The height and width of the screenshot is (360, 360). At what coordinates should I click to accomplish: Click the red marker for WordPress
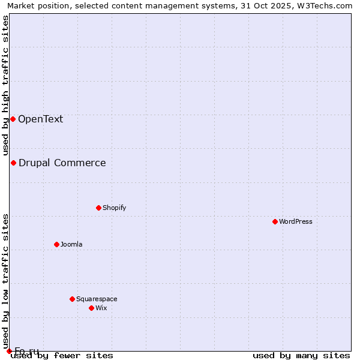[275, 221]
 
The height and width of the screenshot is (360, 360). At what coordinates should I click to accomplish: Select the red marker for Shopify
[98, 208]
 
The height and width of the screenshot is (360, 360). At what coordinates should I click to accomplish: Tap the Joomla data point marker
[56, 244]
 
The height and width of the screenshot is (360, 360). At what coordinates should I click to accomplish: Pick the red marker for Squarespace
[72, 299]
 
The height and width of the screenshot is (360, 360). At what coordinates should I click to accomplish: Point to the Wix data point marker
[91, 308]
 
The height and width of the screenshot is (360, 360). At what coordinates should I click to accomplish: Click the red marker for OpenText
[13, 119]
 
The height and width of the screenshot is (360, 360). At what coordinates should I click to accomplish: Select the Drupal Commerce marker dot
[13, 163]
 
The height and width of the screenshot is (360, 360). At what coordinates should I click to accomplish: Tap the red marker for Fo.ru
[9, 351]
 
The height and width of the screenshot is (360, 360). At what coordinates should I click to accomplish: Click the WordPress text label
[296, 221]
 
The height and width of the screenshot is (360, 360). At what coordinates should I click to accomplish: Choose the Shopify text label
[114, 208]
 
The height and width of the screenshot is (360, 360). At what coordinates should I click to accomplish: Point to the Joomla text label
[71, 244]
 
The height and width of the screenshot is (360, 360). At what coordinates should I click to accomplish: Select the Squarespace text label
[97, 299]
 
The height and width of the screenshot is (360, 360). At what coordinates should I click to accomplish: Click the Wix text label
[101, 308]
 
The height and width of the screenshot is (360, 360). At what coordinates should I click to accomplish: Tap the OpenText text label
[40, 119]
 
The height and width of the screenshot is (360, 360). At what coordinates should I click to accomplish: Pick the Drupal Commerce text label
[62, 163]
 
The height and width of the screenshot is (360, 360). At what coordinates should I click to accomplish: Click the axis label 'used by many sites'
[301, 355]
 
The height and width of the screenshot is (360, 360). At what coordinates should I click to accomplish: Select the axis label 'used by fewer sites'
[62, 355]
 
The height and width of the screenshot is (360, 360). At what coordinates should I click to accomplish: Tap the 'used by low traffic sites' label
[5, 277]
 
